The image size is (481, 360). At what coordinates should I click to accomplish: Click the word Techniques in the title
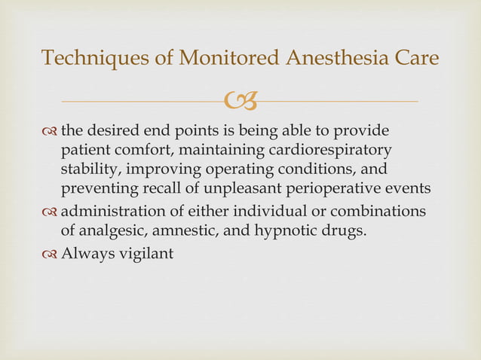click(84, 57)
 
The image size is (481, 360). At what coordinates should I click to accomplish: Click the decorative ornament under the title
click(241, 99)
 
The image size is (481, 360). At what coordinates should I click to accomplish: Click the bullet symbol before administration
click(50, 212)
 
